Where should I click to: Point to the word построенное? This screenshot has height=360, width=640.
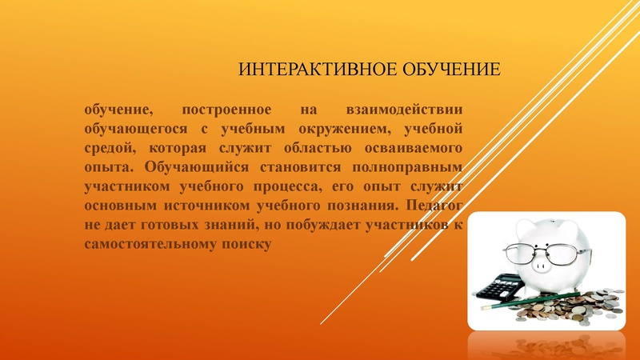click(x=227, y=109)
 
